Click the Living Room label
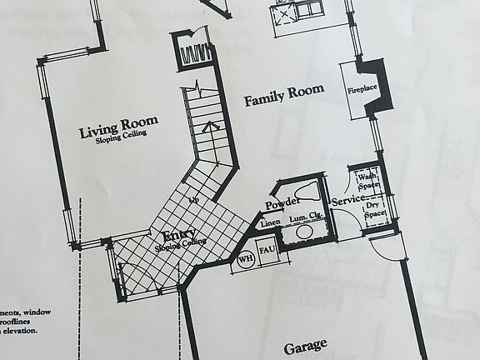[x=118, y=129]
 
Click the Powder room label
[x=281, y=204]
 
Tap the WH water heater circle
[x=245, y=258]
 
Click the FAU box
[x=268, y=252]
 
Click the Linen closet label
[x=269, y=223]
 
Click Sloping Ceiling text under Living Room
[x=118, y=142]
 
